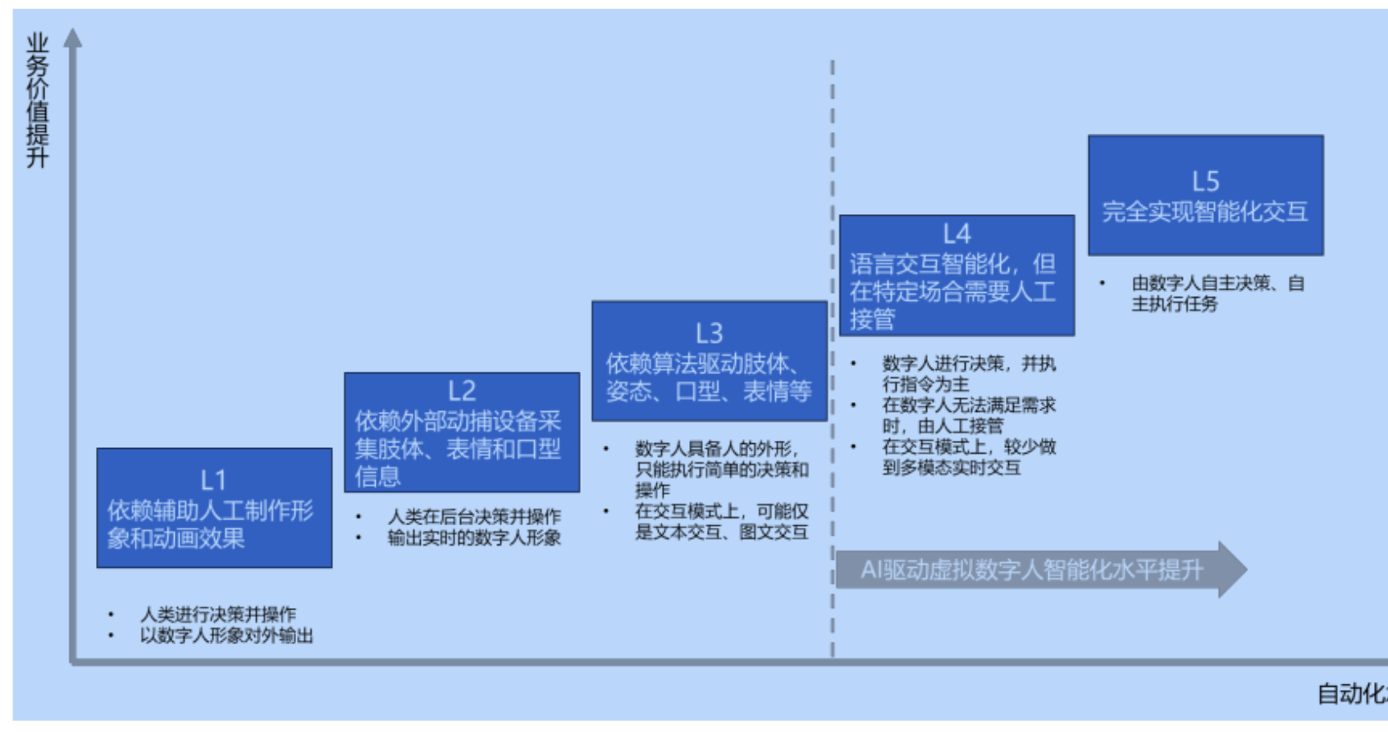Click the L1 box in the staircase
(214, 508)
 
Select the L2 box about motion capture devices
(462, 432)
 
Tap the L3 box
(710, 361)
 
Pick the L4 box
(957, 276)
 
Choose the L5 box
(1205, 195)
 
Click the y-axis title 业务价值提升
(38, 100)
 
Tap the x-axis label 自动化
(1349, 694)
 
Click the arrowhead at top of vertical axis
(73, 38)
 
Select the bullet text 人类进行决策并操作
(218, 614)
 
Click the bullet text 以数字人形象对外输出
(226, 635)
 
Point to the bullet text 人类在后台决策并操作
(474, 516)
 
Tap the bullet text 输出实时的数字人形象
(474, 538)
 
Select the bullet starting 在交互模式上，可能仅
(721, 521)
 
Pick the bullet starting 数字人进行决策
(968, 373)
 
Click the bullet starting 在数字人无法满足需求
(968, 415)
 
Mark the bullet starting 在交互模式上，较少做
(968, 457)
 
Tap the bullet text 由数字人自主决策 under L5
(1217, 293)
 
